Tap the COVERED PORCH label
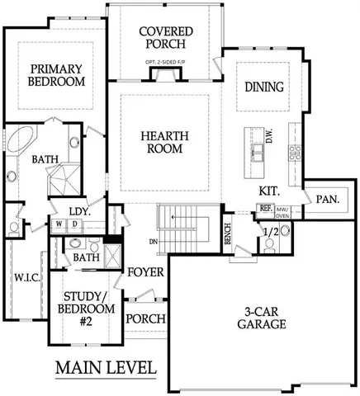(166, 39)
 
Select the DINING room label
(265, 87)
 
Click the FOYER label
(145, 272)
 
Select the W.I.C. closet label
(25, 278)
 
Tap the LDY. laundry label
(78, 211)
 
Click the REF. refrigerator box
(266, 210)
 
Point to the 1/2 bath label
(269, 233)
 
